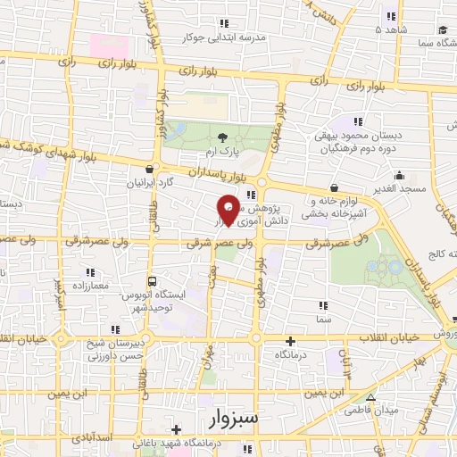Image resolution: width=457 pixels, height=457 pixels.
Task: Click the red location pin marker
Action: click(228, 209)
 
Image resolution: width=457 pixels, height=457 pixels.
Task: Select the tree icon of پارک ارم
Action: click(221, 136)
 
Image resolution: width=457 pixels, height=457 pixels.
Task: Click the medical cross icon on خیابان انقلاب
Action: click(289, 341)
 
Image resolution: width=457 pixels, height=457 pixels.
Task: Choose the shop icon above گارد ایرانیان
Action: click(150, 167)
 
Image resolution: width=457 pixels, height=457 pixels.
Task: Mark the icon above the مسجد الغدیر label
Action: click(399, 177)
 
